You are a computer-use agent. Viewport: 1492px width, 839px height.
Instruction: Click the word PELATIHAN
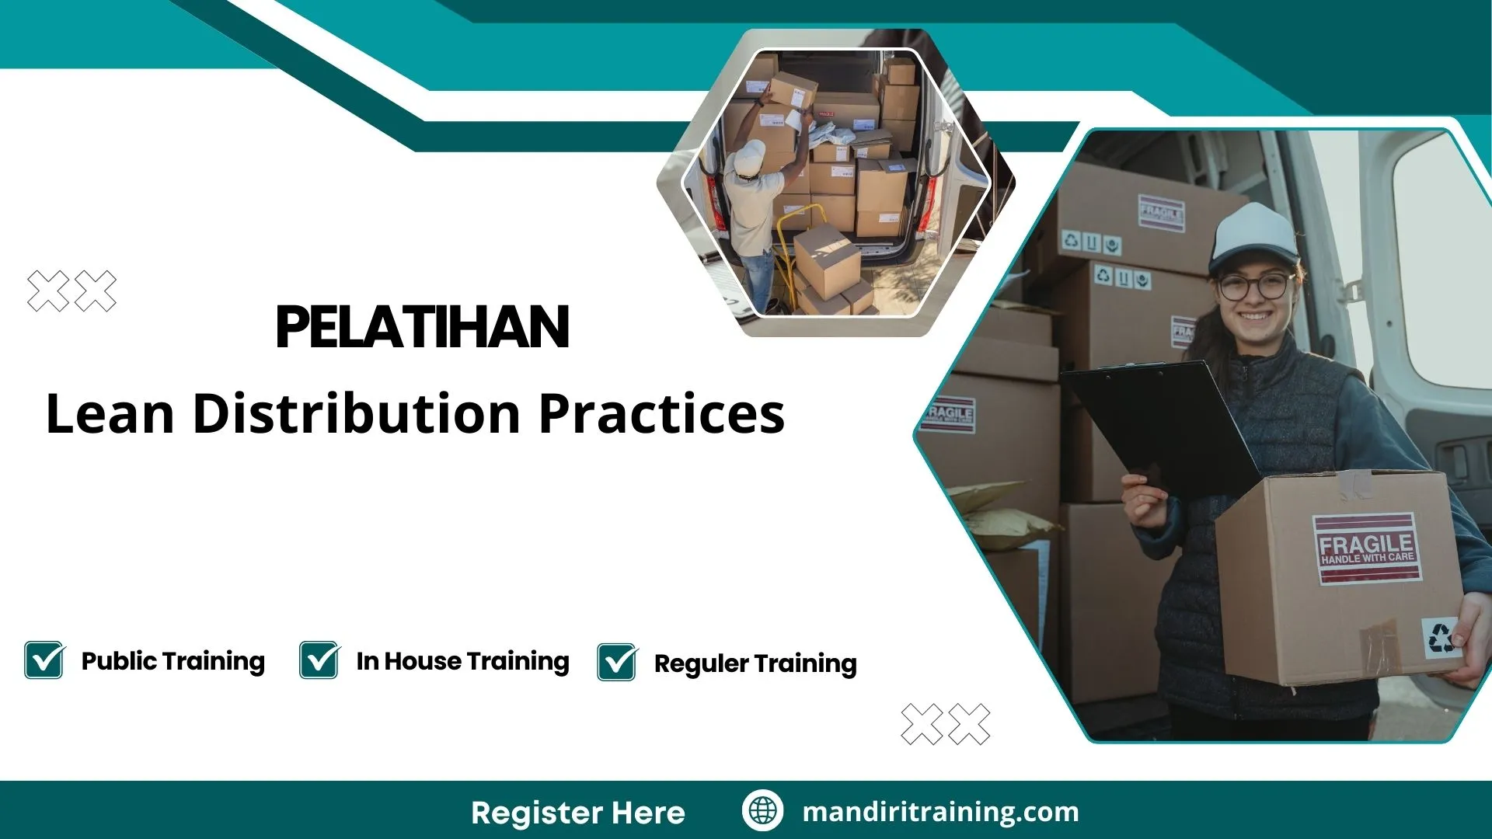[x=423, y=327]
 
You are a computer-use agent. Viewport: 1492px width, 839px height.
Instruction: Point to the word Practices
[x=661, y=413]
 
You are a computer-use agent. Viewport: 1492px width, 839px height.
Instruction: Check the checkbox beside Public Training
[x=44, y=660]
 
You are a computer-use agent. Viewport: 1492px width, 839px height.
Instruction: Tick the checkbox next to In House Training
[x=319, y=660]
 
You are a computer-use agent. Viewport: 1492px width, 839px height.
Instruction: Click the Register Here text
[x=577, y=813]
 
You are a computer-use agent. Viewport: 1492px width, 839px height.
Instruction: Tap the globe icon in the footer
[x=762, y=810]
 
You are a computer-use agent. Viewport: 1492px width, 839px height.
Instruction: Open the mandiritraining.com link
[x=940, y=811]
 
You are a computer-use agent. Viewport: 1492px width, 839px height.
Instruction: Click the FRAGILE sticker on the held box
[x=1367, y=548]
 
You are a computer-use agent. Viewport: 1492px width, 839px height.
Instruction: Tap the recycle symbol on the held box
[x=1441, y=637]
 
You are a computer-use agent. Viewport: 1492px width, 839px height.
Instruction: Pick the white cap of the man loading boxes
[x=749, y=157]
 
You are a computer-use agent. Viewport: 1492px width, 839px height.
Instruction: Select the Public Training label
[x=173, y=661]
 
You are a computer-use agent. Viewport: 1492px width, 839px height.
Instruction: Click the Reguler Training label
[x=755, y=663]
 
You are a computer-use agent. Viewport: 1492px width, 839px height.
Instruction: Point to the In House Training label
[x=462, y=661]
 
